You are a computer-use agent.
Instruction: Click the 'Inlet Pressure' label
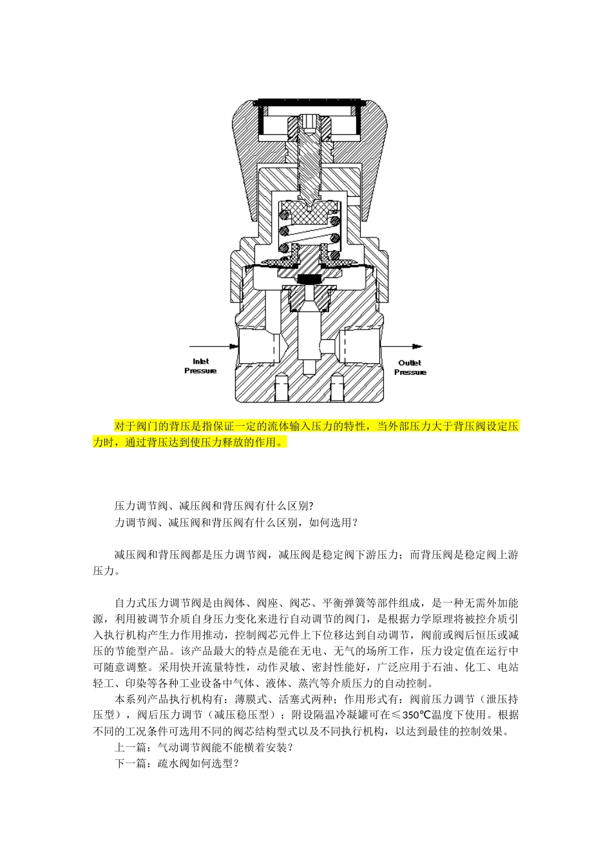click(x=200, y=366)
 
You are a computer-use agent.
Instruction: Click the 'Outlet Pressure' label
click(x=410, y=367)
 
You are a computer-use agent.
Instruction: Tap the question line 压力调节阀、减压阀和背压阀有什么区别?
click(x=213, y=506)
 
